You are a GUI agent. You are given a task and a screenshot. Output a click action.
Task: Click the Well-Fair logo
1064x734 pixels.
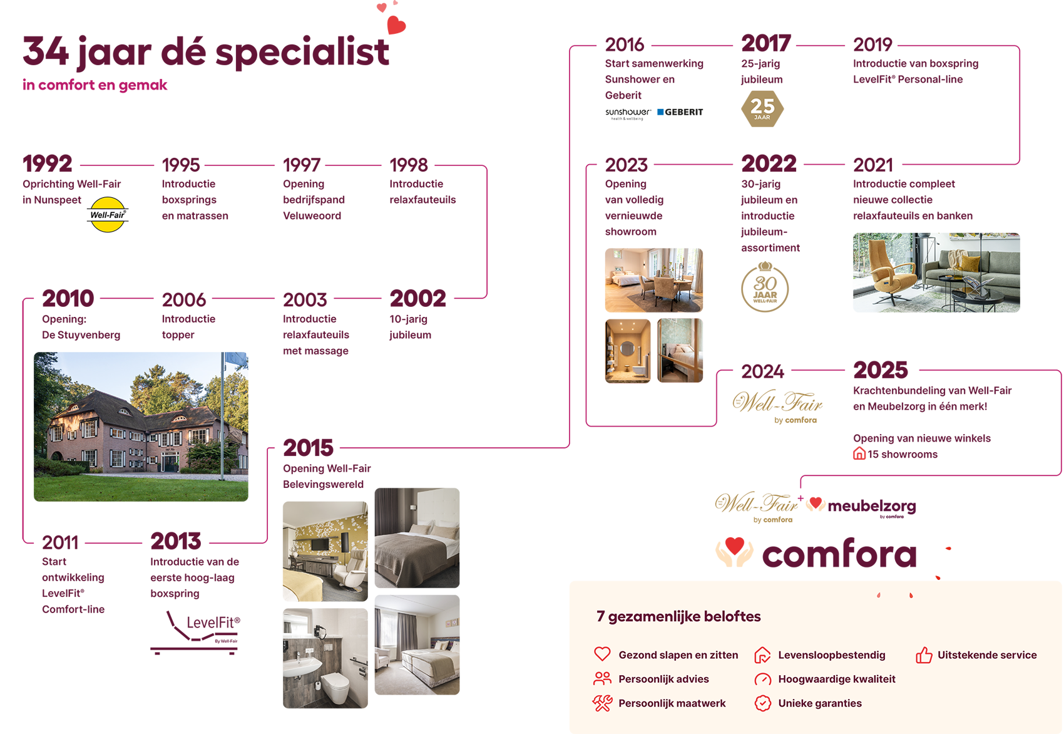tap(108, 215)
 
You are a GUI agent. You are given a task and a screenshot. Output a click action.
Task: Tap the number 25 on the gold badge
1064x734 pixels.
tap(762, 106)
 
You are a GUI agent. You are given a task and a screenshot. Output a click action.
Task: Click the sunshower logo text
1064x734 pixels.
tap(628, 113)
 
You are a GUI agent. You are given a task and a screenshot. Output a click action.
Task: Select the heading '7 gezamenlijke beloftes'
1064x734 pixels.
tap(678, 616)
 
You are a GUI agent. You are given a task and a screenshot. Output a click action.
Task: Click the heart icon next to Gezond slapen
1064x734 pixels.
tap(602, 654)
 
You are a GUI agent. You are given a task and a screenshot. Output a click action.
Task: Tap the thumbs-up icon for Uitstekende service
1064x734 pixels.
tap(924, 655)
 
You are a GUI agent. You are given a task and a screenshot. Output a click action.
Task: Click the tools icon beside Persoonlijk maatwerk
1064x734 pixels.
tap(602, 703)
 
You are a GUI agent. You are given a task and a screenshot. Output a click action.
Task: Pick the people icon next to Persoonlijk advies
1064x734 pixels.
tap(602, 678)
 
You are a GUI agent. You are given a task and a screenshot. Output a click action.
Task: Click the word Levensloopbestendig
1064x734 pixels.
tap(831, 655)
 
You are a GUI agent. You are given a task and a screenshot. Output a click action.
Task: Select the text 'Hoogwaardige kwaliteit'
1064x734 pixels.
tap(836, 679)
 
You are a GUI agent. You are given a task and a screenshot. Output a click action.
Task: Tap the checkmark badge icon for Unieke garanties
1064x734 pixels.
tap(762, 703)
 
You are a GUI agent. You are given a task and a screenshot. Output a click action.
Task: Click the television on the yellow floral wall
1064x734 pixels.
tap(319, 544)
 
